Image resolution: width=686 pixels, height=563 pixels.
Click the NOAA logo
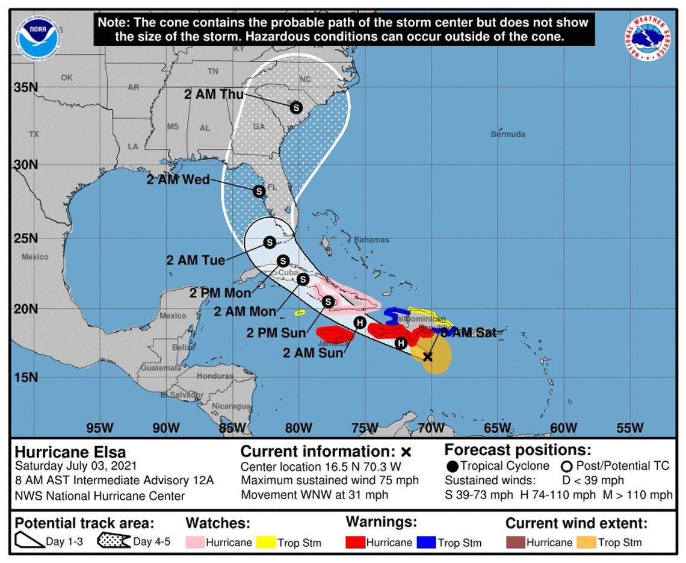[37, 37]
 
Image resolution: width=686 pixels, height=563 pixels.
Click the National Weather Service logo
[647, 38]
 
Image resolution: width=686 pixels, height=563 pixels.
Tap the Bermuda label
[508, 134]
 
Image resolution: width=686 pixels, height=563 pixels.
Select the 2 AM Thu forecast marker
[295, 107]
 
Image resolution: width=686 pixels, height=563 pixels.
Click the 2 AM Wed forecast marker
[259, 191]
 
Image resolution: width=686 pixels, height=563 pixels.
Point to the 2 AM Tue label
[196, 260]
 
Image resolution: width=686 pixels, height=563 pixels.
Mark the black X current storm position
[427, 356]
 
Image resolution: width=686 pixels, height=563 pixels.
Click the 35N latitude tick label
[26, 87]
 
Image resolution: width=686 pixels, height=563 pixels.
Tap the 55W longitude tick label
[629, 428]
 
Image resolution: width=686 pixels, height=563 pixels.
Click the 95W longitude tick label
[100, 428]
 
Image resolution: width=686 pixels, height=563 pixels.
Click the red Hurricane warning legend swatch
[356, 541]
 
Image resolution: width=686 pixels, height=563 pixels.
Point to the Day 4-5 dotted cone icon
[114, 541]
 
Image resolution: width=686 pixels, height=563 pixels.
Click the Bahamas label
[371, 240]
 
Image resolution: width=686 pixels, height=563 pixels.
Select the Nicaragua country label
[231, 406]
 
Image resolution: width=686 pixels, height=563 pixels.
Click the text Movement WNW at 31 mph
[315, 494]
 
